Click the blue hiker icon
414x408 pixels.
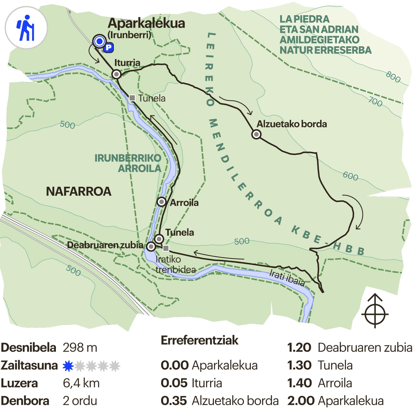click(x=26, y=28)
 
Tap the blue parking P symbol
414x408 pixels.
click(x=109, y=48)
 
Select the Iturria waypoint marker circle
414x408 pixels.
click(x=117, y=74)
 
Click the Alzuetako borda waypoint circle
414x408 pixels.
click(x=256, y=134)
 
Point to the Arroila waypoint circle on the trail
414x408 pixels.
click(x=161, y=202)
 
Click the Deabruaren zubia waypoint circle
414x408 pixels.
click(x=151, y=246)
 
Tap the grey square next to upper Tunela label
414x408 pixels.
click(x=132, y=98)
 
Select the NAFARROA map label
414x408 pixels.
click(x=79, y=191)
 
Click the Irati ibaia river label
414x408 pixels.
click(x=287, y=278)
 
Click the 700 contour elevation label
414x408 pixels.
click(x=375, y=102)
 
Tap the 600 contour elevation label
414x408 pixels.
click(x=351, y=176)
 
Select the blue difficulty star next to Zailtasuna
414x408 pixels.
click(x=68, y=366)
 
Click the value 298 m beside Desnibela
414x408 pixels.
click(x=80, y=348)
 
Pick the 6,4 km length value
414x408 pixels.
click(x=81, y=383)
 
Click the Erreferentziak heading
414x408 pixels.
click(x=199, y=340)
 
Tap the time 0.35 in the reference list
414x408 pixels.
click(x=174, y=401)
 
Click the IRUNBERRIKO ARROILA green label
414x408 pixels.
click(x=128, y=163)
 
